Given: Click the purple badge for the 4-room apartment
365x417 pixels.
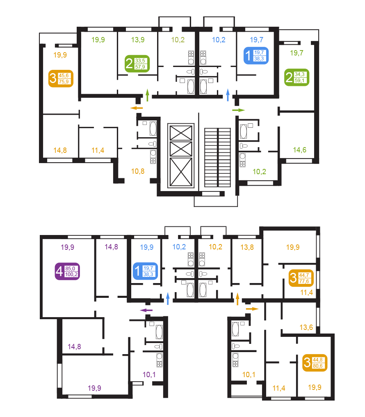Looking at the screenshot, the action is tap(67, 271).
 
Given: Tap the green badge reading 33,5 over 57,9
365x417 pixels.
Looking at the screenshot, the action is tap(137, 64).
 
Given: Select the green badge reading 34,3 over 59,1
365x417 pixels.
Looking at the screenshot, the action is tap(297, 77).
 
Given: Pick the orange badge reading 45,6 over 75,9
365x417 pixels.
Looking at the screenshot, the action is tap(61, 78).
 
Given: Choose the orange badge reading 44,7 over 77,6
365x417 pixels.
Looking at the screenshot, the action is tap(301, 278).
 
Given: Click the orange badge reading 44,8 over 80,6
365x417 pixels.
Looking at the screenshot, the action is tap(315, 363).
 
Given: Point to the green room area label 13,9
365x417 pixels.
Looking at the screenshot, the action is tap(138, 40).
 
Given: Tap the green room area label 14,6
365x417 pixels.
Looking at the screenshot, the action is tap(300, 150).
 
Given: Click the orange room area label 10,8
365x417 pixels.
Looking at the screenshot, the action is tap(138, 171).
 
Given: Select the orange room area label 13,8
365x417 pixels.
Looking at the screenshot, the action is tap(247, 247).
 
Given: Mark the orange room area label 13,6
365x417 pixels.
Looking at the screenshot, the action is tap(306, 327).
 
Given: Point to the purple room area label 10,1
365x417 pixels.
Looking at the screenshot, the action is tap(149, 375).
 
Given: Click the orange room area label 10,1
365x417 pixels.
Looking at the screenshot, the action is tap(249, 375).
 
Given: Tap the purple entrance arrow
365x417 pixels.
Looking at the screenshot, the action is tap(146, 310).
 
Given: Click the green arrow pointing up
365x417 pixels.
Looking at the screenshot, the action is tap(148, 95).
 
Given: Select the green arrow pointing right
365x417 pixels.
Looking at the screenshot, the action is tap(238, 110).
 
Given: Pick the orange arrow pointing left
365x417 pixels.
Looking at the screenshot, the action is tap(137, 108).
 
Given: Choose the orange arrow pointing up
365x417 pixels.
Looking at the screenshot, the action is tap(237, 299).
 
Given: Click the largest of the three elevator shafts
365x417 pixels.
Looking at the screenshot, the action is tap(181, 172).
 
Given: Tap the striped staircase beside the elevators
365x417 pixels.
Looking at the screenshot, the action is tap(217, 157).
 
